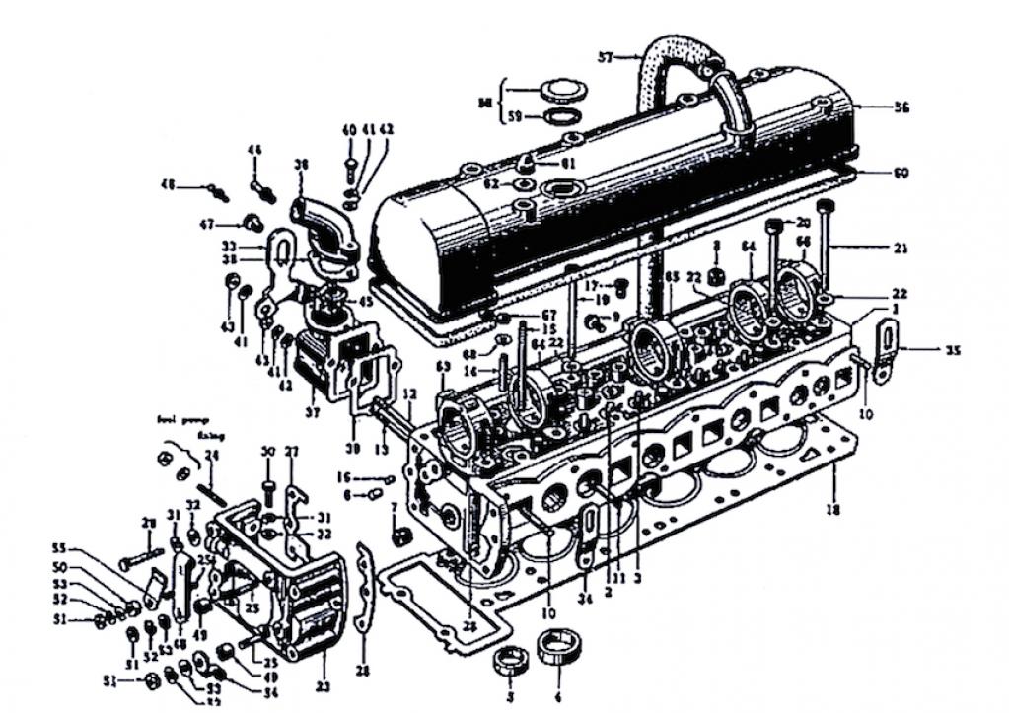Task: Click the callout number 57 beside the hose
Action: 606,56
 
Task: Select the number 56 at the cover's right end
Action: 874,107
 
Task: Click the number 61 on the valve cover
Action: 568,162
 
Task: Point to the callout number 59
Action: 514,117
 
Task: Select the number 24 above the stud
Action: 209,455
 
